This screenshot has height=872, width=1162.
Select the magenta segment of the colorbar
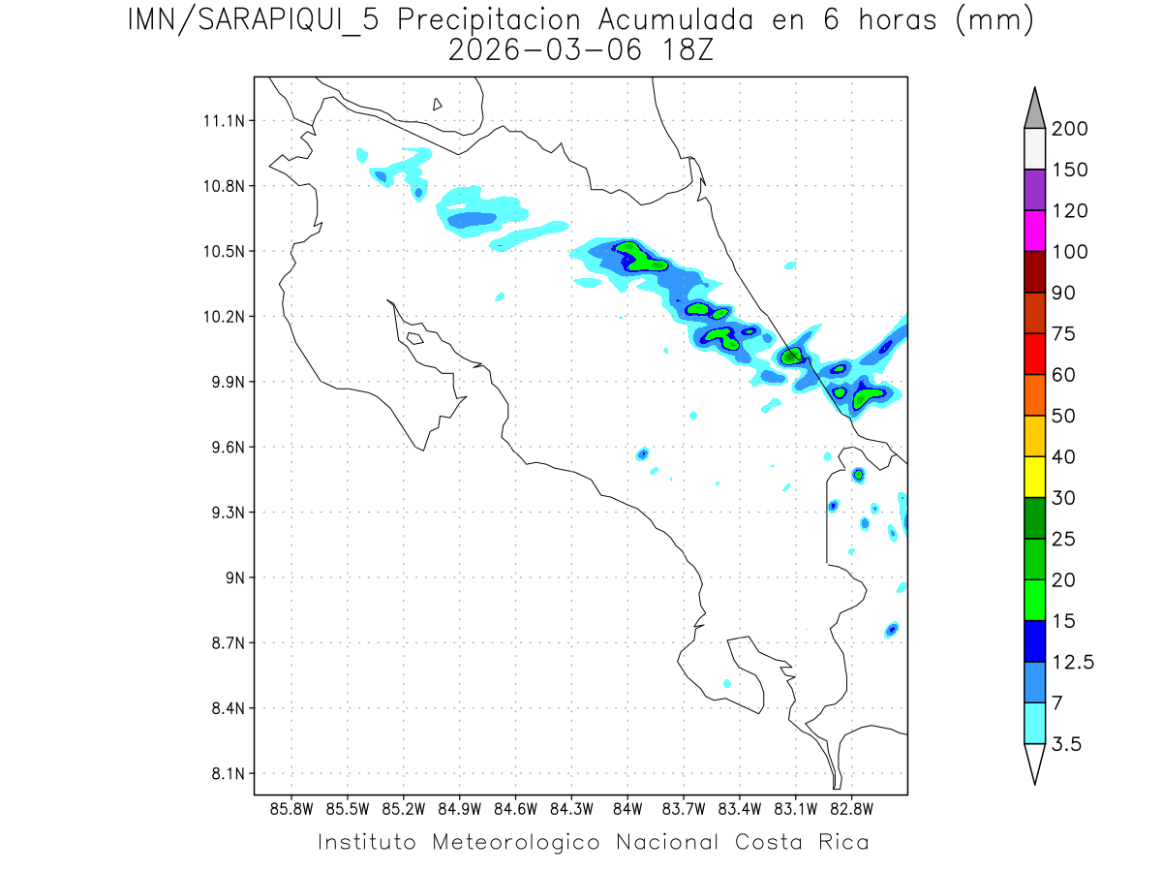click(1034, 231)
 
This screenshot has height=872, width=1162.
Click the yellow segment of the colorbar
click(1034, 477)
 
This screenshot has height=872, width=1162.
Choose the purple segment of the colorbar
click(1034, 190)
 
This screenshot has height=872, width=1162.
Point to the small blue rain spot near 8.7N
click(892, 630)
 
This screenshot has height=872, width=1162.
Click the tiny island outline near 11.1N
click(438, 104)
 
